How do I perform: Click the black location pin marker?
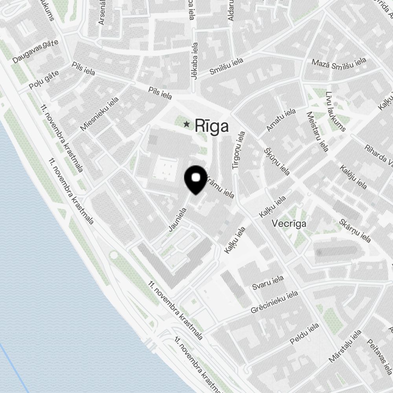(196, 179)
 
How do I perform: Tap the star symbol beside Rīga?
(187, 125)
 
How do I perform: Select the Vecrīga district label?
(289, 223)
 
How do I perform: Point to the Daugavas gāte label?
(35, 51)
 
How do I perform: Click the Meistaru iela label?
(318, 131)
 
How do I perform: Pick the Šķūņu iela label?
(277, 162)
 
